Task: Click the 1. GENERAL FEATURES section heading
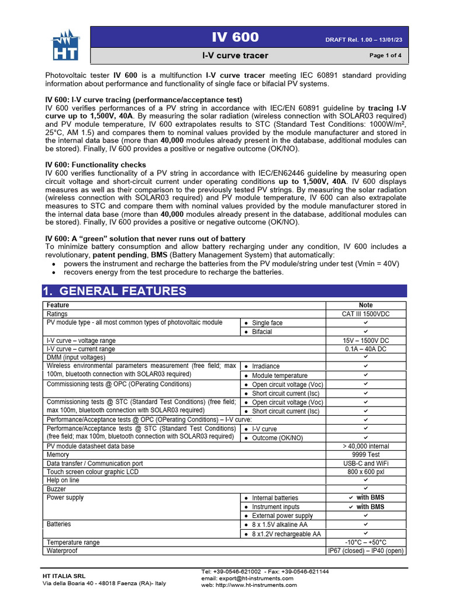pyautogui.click(x=115, y=291)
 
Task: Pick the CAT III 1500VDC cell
pyautogui.click(x=366, y=314)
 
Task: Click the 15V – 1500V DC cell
pyautogui.click(x=366, y=340)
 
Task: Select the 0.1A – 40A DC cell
pyautogui.click(x=366, y=349)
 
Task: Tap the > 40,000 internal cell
pyautogui.click(x=366, y=446)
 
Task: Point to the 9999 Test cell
pyautogui.click(x=366, y=454)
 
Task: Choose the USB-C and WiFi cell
pyautogui.click(x=366, y=463)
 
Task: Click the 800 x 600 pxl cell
pyautogui.click(x=366, y=471)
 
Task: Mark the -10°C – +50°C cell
pyautogui.click(x=366, y=542)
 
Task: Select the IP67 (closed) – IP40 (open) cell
pyautogui.click(x=366, y=551)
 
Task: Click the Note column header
pyautogui.click(x=366, y=305)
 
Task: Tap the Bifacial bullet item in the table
pyautogui.click(x=262, y=332)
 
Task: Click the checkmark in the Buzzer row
pyautogui.click(x=366, y=489)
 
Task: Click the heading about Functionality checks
pyautogui.click(x=96, y=165)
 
